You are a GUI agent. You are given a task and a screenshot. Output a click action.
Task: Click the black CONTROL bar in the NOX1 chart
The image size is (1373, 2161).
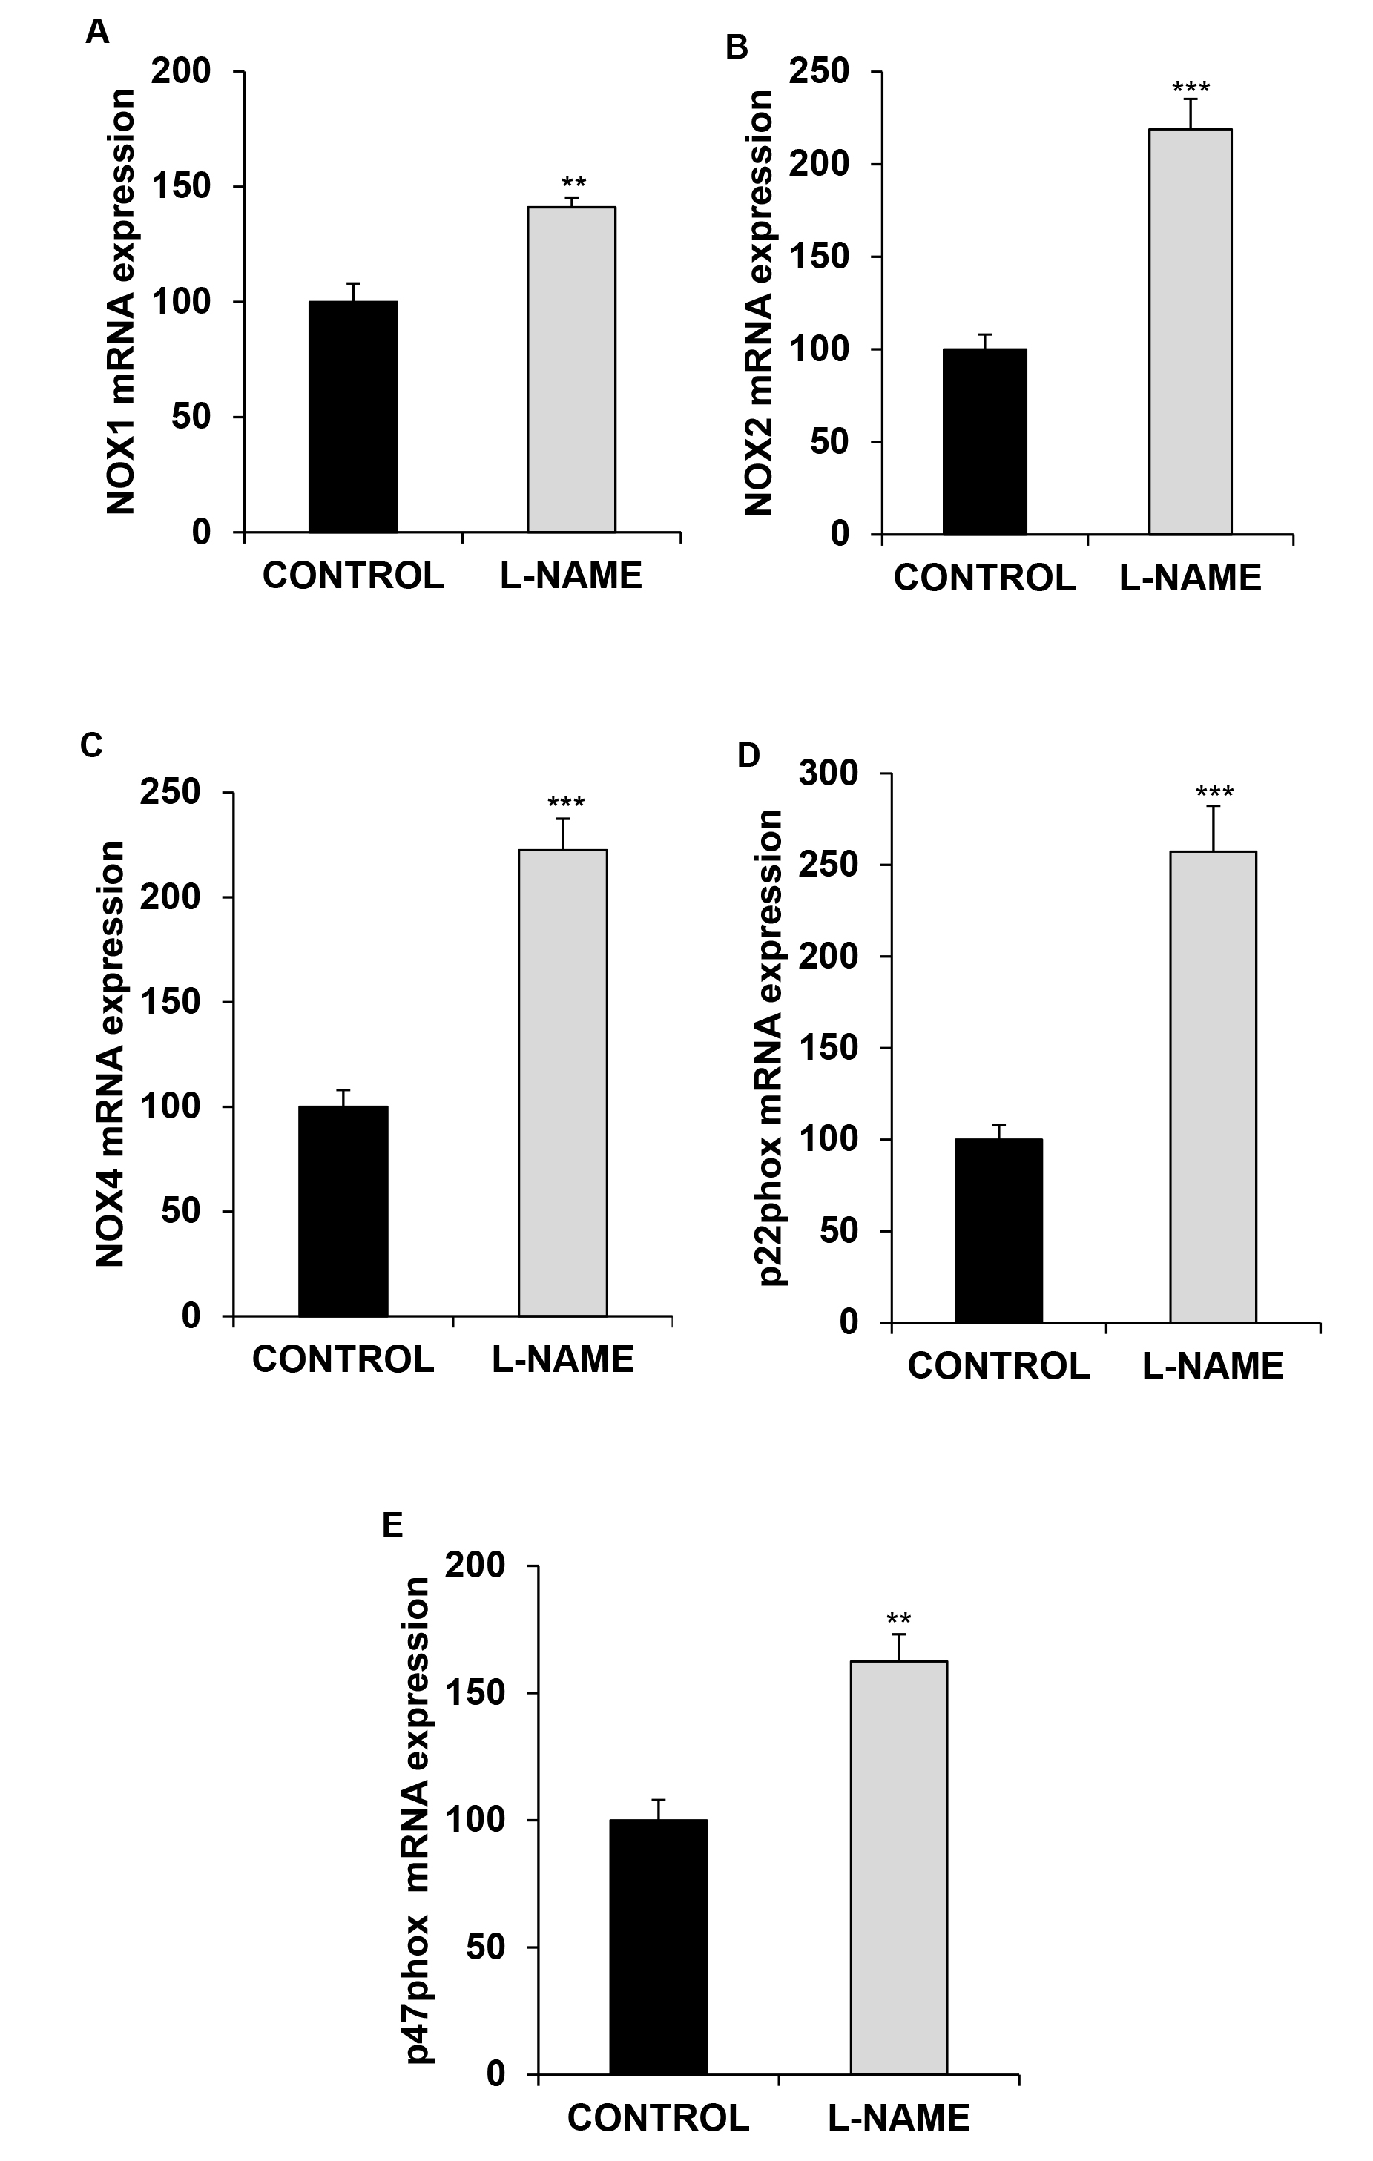[x=352, y=417]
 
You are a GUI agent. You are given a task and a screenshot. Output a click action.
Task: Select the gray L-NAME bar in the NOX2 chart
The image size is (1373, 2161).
[x=1190, y=331]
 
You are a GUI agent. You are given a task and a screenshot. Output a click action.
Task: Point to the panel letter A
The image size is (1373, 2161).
[x=97, y=33]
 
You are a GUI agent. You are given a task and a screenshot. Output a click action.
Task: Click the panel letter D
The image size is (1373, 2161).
[x=748, y=756]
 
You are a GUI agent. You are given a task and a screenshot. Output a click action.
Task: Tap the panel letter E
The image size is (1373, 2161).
[x=392, y=1525]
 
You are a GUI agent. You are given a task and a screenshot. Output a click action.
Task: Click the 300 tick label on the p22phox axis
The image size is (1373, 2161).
[x=830, y=773]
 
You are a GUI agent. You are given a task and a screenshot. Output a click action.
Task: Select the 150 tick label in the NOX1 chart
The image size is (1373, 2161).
[x=180, y=187]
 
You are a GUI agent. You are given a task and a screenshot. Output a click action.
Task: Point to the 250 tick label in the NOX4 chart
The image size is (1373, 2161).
[x=170, y=793]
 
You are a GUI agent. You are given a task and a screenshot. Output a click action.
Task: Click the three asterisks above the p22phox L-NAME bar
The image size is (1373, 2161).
[x=1214, y=793]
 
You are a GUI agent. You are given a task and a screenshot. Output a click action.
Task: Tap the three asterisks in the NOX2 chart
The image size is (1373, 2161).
[x=1191, y=88]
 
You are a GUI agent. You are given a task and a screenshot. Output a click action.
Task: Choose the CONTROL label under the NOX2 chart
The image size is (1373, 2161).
[x=984, y=578]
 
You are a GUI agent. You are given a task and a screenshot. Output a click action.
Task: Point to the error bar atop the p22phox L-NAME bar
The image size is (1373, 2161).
[x=1214, y=828]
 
